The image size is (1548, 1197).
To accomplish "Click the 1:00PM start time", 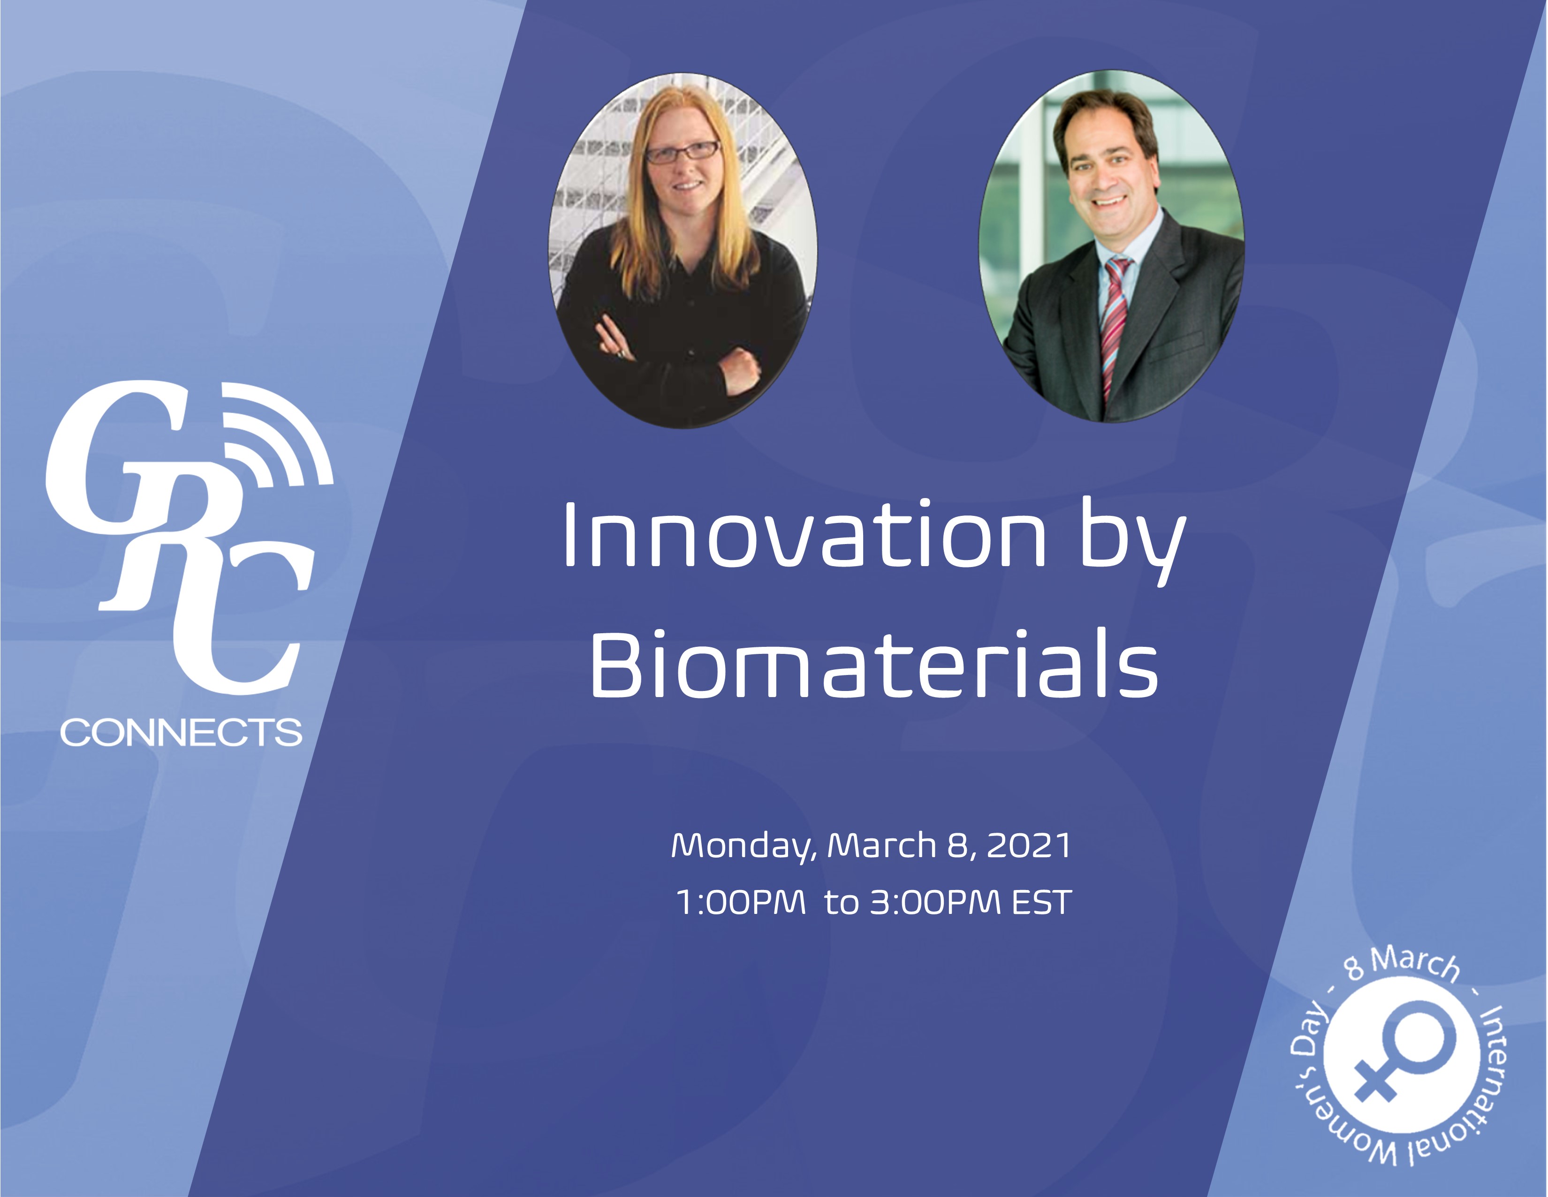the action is pos(741,903).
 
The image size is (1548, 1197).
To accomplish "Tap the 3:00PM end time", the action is pos(935,903).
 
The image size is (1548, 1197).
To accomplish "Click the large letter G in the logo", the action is pos(114,454).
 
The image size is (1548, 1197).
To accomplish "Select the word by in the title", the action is pos(1132,543).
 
